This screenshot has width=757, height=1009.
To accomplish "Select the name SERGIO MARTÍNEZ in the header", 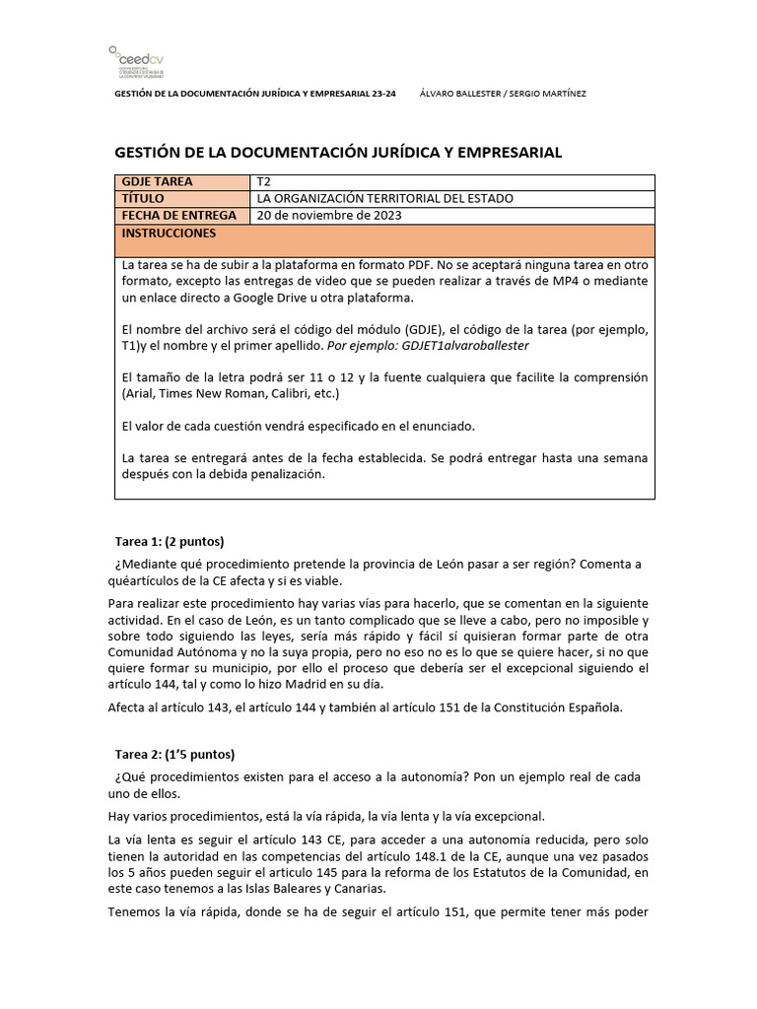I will (x=554, y=94).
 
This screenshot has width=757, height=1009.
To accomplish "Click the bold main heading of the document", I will (x=339, y=152).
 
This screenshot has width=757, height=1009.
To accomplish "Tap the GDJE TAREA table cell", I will (x=158, y=182).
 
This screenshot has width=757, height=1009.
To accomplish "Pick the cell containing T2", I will (x=263, y=182).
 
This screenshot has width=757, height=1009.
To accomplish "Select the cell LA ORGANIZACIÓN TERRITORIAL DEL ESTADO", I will (x=384, y=198).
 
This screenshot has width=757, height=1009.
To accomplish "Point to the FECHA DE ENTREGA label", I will (x=178, y=215).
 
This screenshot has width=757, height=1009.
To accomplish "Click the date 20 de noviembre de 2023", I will (x=329, y=215).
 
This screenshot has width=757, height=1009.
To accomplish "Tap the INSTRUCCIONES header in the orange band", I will (x=169, y=234).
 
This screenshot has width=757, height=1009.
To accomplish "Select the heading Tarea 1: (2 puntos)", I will (x=171, y=541).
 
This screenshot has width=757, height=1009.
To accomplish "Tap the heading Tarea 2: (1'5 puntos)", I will (x=175, y=755).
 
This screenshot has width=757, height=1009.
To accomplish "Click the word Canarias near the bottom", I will (x=356, y=888).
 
